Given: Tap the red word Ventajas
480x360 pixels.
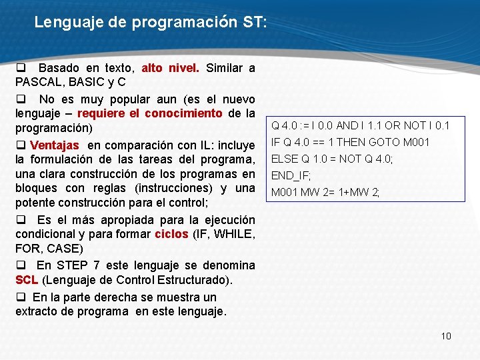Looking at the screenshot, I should pos(55,145).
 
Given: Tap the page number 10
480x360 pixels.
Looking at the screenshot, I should pos(446,335).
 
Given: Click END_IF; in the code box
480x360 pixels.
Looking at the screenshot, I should pos(290,176).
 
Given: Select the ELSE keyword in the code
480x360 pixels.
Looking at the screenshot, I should pos(283,159).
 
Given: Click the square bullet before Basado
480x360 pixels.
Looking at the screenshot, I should pos(21,67).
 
